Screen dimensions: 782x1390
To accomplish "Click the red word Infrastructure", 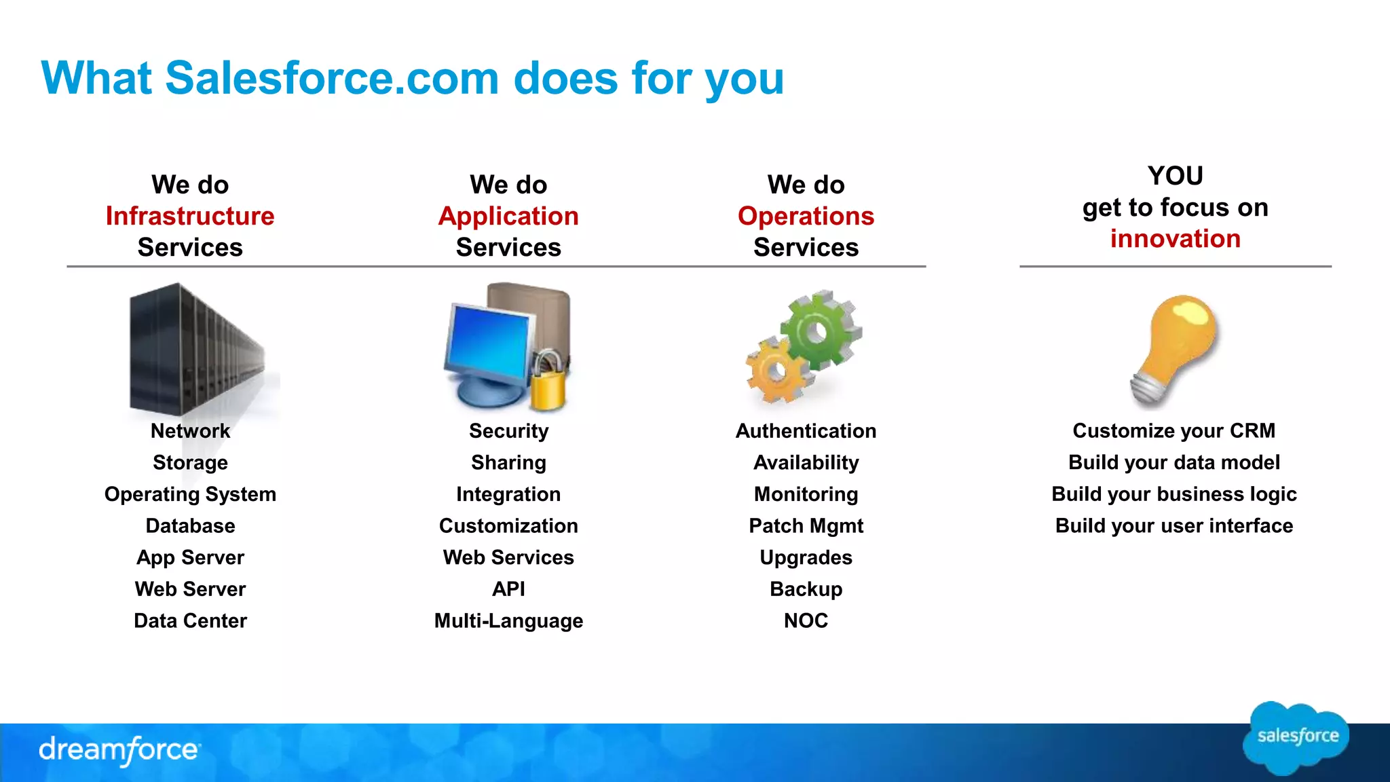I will coord(190,216).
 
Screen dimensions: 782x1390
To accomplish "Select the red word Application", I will coord(508,216).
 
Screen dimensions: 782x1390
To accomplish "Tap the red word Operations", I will coord(806,216).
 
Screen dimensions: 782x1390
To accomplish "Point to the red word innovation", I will coord(1175,239).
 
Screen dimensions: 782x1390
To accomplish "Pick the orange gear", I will coord(776,371).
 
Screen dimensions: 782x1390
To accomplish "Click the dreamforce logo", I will coord(119,750).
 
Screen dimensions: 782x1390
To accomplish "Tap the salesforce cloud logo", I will coord(1296,737).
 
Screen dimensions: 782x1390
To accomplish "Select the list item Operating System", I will coord(190,494).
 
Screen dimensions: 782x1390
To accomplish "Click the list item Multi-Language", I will coord(508,621).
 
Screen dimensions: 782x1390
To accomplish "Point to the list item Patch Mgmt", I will coord(806,526).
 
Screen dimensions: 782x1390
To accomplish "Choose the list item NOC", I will coord(806,621).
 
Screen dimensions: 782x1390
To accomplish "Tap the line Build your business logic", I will coord(1173,494).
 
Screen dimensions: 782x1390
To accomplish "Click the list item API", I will coord(508,589).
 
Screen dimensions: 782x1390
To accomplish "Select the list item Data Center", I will coord(190,621).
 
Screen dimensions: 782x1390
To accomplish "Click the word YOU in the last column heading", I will coord(1175,176).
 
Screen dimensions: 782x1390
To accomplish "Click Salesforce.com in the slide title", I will coord(333,78).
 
